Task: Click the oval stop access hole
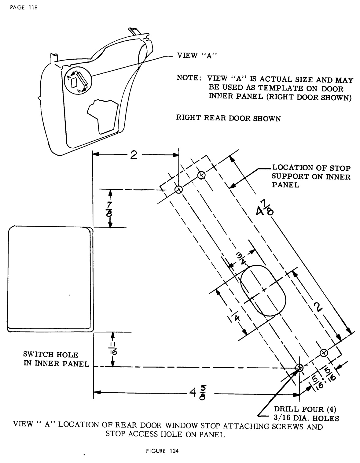[263, 291]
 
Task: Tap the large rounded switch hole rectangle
[50, 278]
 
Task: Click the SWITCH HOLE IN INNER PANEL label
[56, 359]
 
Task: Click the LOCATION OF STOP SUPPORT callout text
[311, 176]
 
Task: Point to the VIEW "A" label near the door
[195, 56]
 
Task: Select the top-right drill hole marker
[201, 175]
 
